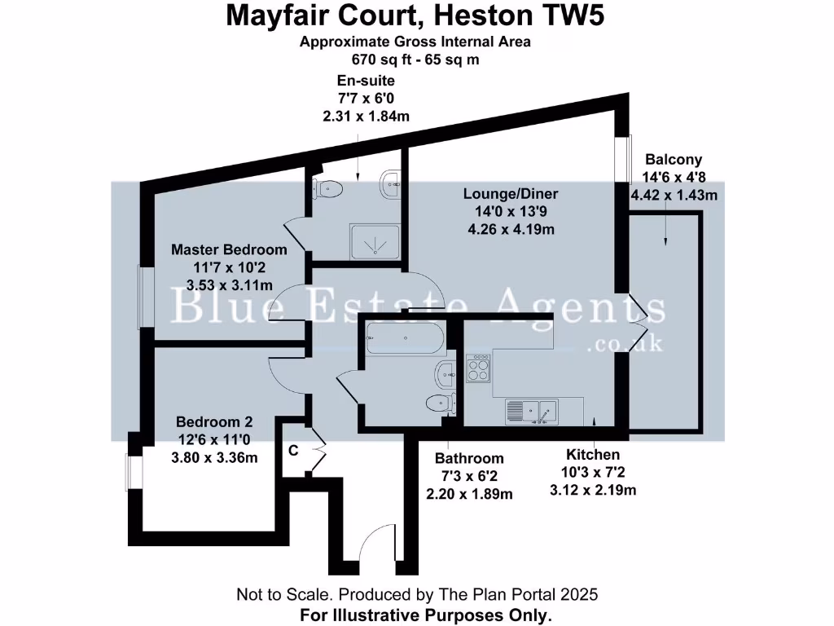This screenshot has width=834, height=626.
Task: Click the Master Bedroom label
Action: click(x=229, y=249)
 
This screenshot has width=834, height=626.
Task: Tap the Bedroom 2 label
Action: click(x=214, y=422)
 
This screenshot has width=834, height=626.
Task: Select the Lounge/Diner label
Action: click(x=511, y=194)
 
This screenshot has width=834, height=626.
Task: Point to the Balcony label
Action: click(x=673, y=160)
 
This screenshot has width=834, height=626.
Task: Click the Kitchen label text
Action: click(x=593, y=454)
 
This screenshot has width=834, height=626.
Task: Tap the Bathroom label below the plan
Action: click(x=469, y=458)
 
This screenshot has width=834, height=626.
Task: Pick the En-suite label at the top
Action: click(x=366, y=81)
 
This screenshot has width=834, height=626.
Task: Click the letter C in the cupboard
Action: click(x=293, y=449)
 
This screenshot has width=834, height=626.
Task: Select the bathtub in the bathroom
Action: click(x=404, y=337)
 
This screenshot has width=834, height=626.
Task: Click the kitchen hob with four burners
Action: click(x=478, y=368)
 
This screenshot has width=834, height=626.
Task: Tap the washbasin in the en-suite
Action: click(x=392, y=183)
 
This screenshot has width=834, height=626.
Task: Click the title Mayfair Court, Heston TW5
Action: click(x=415, y=16)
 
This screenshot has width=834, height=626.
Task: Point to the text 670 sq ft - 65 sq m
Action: click(x=415, y=59)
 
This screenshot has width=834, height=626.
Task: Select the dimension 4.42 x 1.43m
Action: click(x=674, y=195)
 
